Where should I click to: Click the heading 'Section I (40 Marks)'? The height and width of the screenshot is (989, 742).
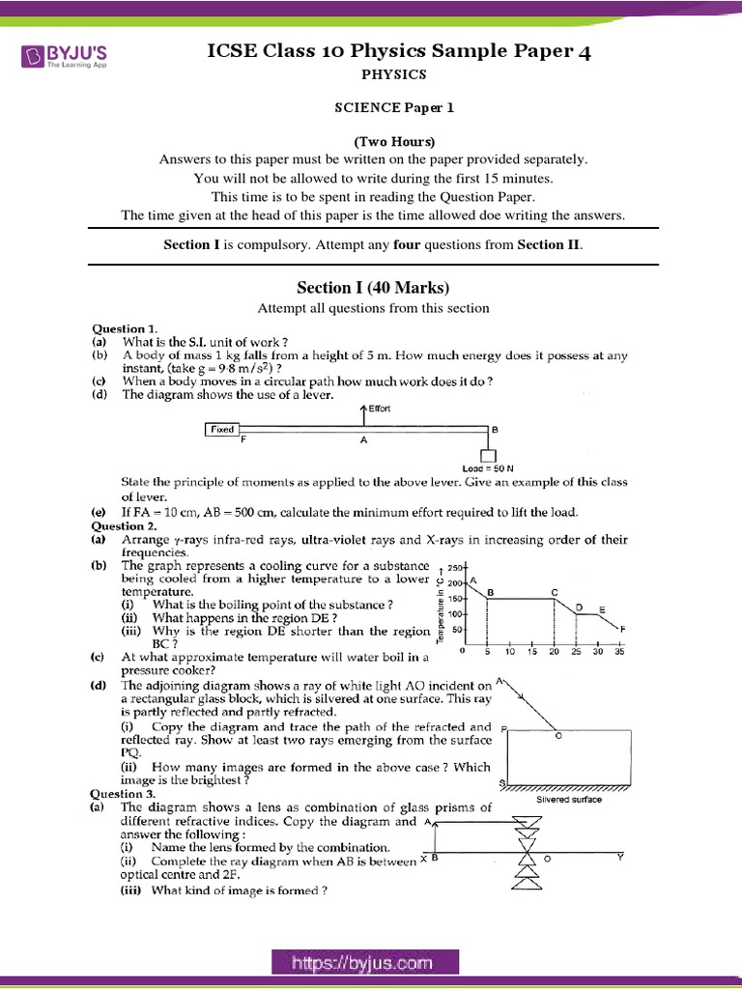pyautogui.click(x=372, y=287)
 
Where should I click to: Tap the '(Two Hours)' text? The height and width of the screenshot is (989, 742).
pyautogui.click(x=373, y=141)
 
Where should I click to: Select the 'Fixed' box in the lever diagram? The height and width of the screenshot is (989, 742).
pyautogui.click(x=222, y=429)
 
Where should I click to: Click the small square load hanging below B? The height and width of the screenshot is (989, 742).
pyautogui.click(x=489, y=455)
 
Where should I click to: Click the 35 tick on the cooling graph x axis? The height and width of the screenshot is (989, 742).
pyautogui.click(x=619, y=651)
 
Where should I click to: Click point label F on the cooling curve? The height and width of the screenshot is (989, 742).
pyautogui.click(x=623, y=629)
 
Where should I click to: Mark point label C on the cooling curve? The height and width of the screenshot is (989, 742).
pyautogui.click(x=555, y=591)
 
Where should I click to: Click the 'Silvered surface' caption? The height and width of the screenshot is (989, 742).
pyautogui.click(x=569, y=799)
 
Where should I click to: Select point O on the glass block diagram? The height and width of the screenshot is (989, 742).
pyautogui.click(x=557, y=734)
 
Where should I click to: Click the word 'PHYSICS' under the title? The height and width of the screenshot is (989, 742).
pyautogui.click(x=372, y=73)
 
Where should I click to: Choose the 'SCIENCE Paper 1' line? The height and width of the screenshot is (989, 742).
pyautogui.click(x=372, y=107)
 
